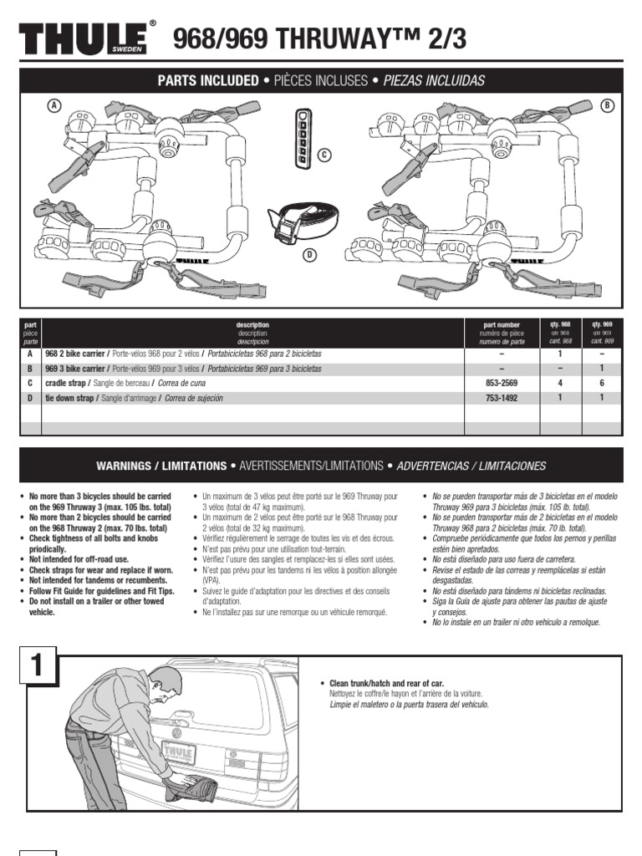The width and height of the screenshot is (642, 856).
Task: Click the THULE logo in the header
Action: click(x=84, y=39)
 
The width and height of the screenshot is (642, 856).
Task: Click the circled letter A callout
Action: click(x=55, y=105)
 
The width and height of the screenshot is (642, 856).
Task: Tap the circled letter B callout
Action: click(x=608, y=105)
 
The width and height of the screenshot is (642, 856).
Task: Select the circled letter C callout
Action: click(x=324, y=154)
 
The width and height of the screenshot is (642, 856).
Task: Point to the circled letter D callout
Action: click(x=309, y=255)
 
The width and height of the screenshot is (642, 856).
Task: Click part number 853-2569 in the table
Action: click(x=502, y=383)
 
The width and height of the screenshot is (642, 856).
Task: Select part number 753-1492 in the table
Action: click(x=502, y=398)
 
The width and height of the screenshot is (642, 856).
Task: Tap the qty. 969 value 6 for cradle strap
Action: click(x=602, y=383)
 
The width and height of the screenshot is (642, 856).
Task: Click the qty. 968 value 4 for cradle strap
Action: click(x=560, y=383)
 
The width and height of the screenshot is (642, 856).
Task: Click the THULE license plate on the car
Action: click(x=179, y=752)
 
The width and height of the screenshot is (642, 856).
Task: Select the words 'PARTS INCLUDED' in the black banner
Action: click(x=208, y=81)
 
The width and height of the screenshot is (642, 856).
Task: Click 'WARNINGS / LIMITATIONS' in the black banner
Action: click(x=161, y=466)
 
